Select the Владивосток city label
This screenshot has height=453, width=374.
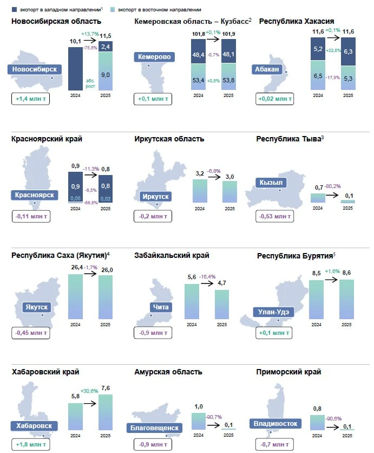click(275, 424)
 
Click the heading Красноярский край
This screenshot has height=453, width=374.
click(47, 139)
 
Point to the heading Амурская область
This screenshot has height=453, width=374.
click(168, 372)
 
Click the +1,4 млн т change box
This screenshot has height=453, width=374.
click(30, 99)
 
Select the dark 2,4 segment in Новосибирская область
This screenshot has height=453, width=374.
click(106, 47)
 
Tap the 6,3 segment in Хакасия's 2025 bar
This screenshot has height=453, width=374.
click(348, 51)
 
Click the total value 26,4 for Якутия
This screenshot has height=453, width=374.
click(76, 267)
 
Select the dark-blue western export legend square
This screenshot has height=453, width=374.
click(14, 10)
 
